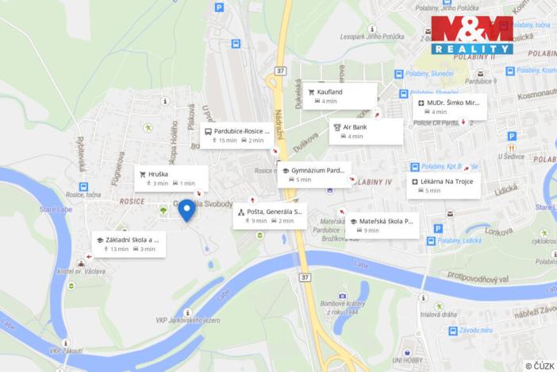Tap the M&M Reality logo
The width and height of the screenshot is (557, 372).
click(x=472, y=35)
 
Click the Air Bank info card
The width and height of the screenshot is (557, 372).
click(x=366, y=130)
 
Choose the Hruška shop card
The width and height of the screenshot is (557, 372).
click(x=171, y=178)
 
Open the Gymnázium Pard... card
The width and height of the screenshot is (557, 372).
click(x=315, y=174)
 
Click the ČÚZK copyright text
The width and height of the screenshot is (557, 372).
click(x=540, y=366)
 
